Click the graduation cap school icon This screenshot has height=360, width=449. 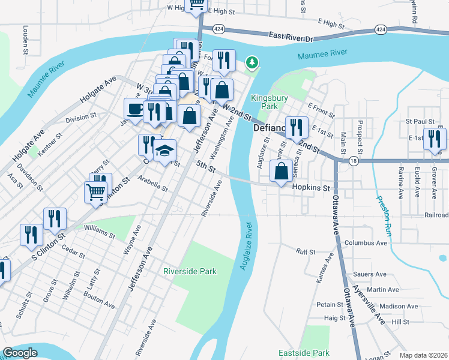point(164,151)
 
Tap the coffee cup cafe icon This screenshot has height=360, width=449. point(134,109)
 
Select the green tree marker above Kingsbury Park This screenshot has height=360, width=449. point(253,62)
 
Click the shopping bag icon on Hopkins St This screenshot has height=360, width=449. point(281,171)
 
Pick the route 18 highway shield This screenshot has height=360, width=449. point(354,160)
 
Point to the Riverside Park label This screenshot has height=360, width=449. point(190,271)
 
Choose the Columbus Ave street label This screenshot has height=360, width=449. point(366,243)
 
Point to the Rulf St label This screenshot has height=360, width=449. point(306,251)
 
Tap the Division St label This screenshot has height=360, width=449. point(81,118)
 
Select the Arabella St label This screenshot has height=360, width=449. point(152,183)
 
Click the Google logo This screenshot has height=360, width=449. point(20,353)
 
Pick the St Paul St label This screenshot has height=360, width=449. point(420,121)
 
